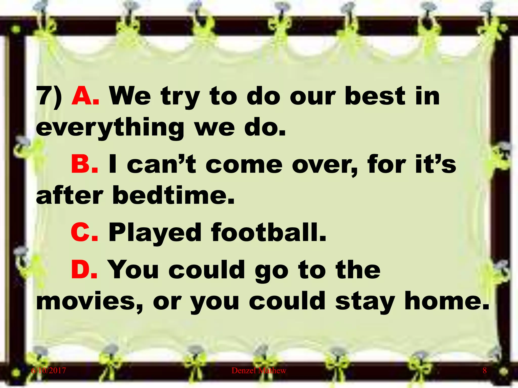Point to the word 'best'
point(375,96)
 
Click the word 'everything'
point(110,128)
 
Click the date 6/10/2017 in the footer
point(49,370)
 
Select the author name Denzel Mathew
point(259,370)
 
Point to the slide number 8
point(484,370)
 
